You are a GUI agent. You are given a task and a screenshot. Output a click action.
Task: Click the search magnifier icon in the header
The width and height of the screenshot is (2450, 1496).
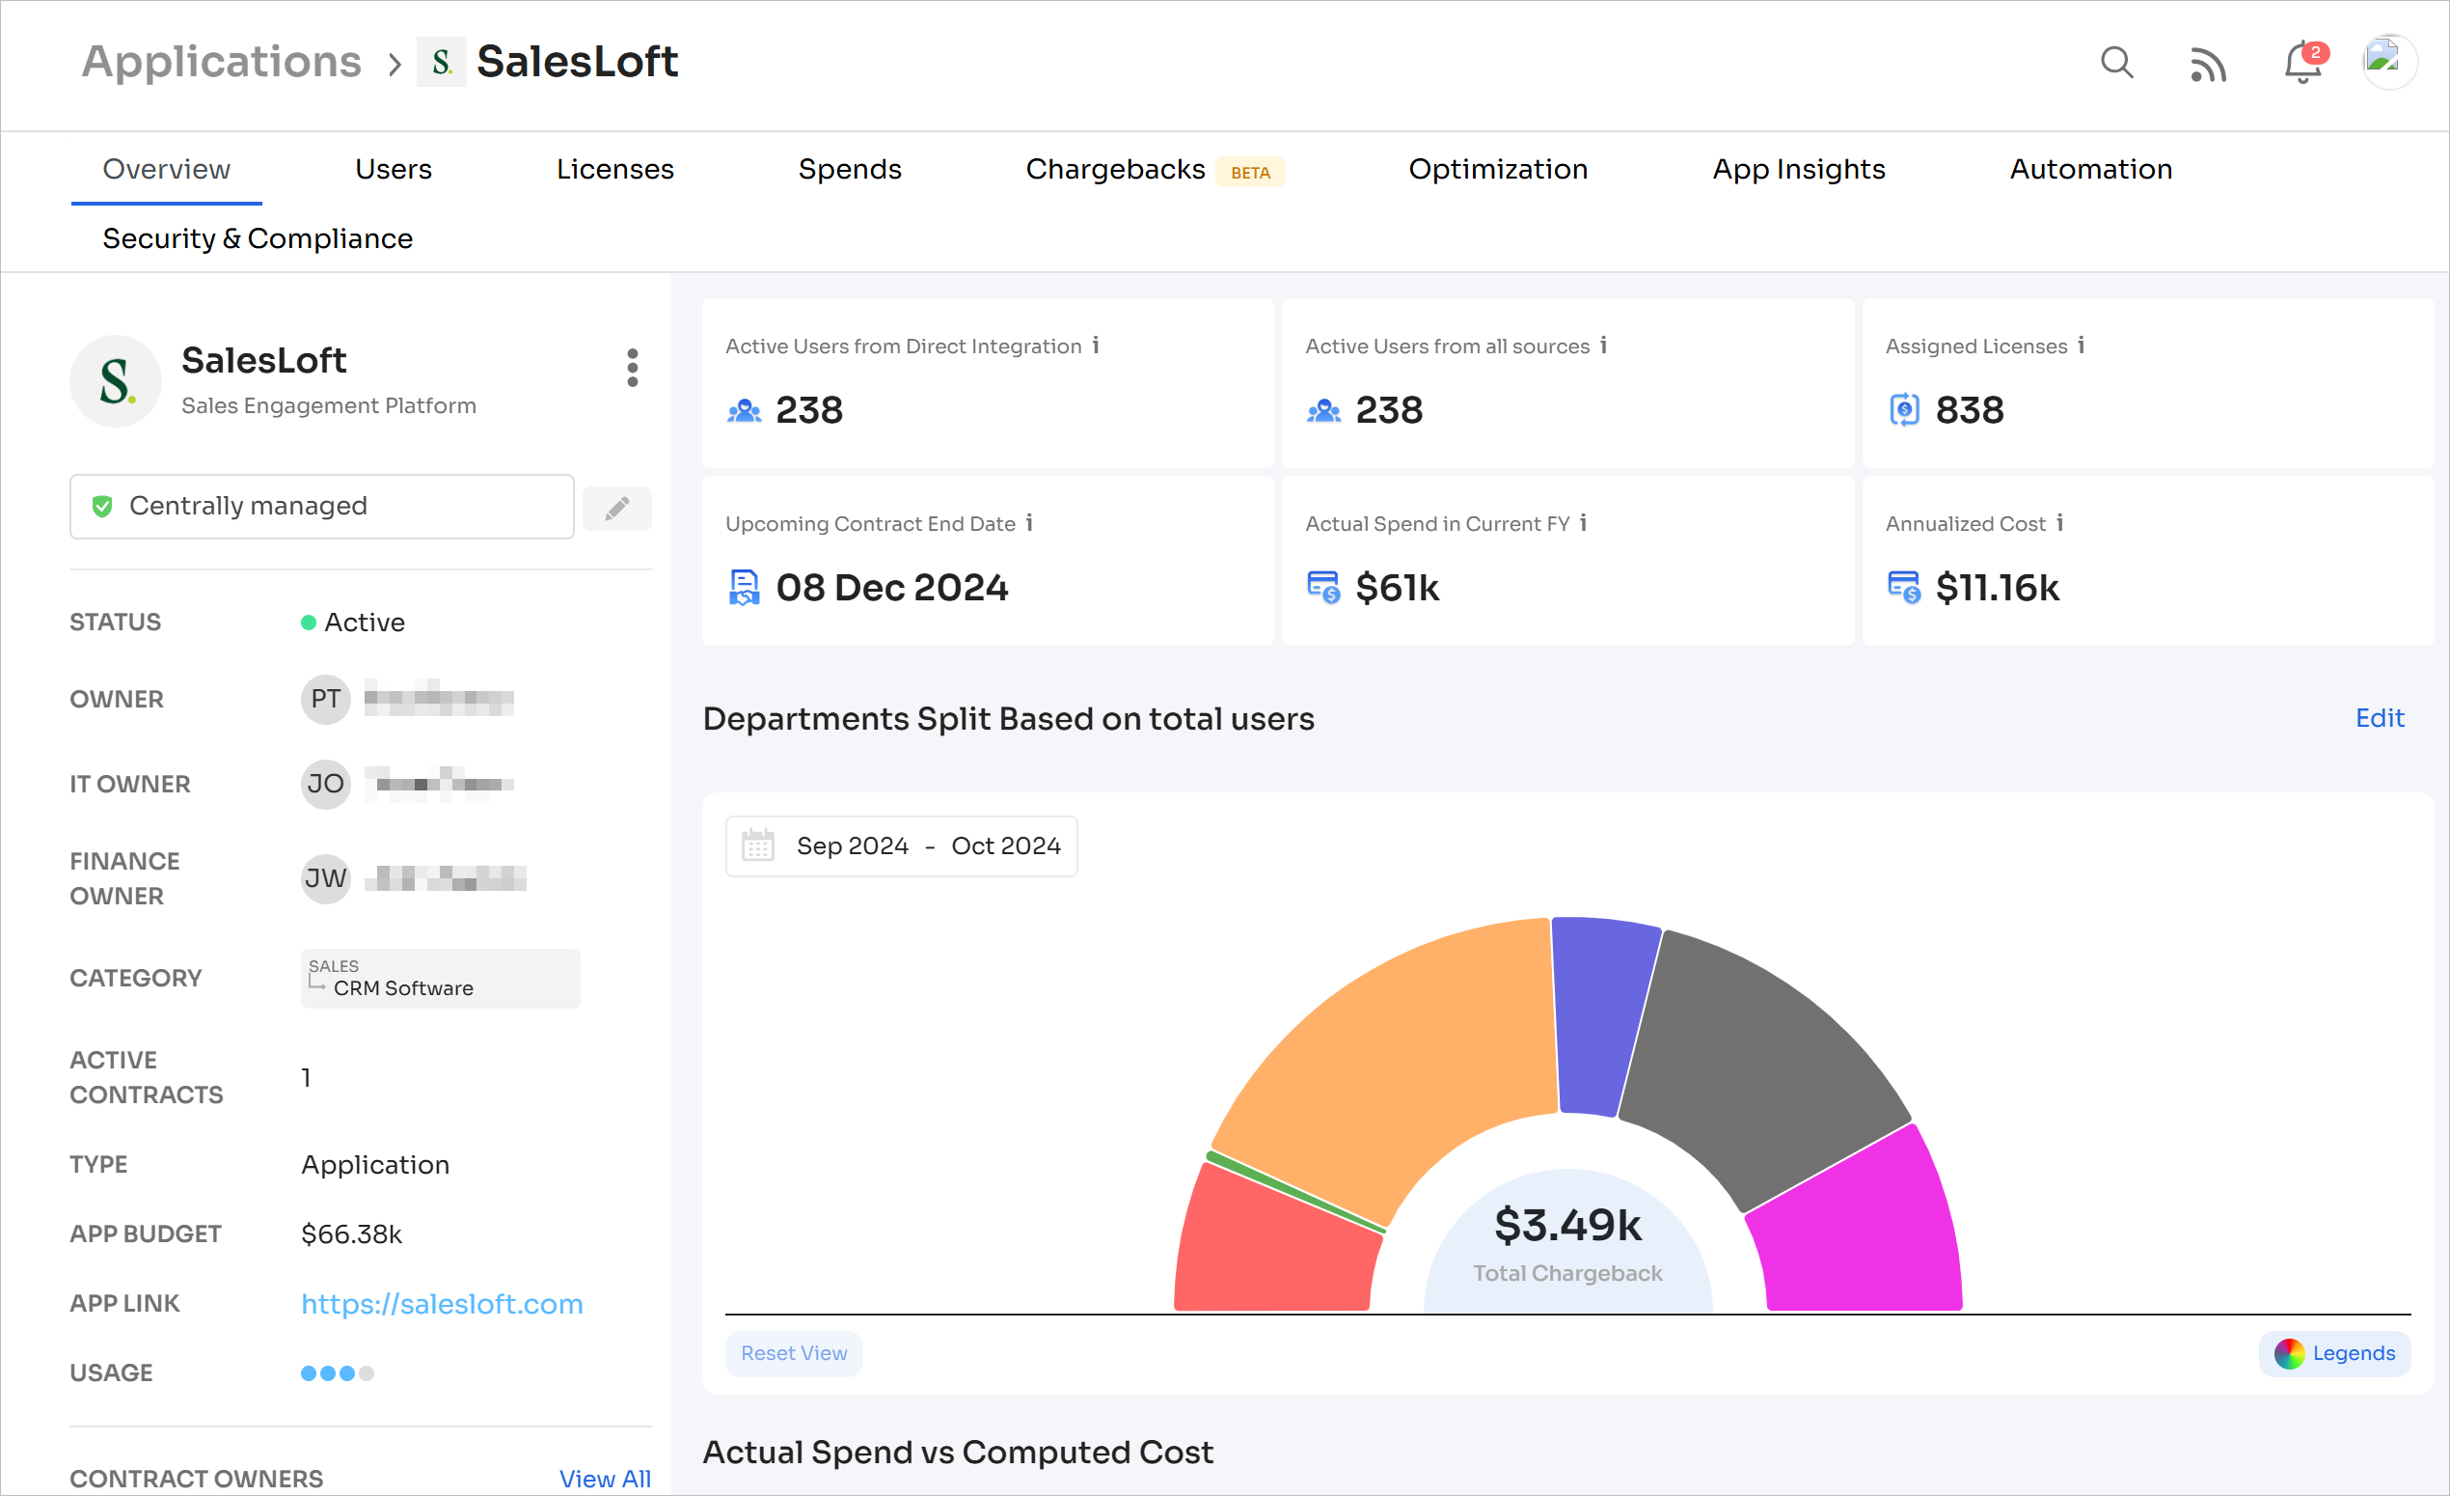click(2116, 63)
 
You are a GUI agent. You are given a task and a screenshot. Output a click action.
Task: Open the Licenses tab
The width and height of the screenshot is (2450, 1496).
click(614, 169)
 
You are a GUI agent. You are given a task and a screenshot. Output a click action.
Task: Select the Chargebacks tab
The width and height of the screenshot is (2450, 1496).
click(1115, 169)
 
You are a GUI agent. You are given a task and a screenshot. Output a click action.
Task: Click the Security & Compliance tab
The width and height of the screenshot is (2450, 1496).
click(258, 238)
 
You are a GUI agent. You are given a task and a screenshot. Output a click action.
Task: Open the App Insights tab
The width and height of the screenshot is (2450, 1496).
click(1798, 169)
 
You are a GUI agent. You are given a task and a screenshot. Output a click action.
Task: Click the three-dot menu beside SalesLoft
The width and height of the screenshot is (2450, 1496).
click(633, 368)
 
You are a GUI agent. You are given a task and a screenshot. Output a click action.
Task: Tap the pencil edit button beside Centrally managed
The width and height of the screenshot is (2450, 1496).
click(617, 509)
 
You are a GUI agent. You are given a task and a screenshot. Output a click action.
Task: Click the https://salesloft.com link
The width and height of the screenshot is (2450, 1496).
click(442, 1303)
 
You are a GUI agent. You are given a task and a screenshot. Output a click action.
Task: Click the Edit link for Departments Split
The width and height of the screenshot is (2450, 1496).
click(2379, 718)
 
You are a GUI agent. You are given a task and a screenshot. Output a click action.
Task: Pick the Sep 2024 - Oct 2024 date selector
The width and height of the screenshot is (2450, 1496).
click(901, 846)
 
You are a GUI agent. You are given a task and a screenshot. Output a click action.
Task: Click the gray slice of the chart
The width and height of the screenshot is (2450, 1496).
click(1760, 1065)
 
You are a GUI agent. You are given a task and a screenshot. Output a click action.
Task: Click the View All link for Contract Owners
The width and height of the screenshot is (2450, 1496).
click(605, 1478)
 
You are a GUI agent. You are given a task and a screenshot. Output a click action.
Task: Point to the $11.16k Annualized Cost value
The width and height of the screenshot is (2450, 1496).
click(1997, 588)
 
